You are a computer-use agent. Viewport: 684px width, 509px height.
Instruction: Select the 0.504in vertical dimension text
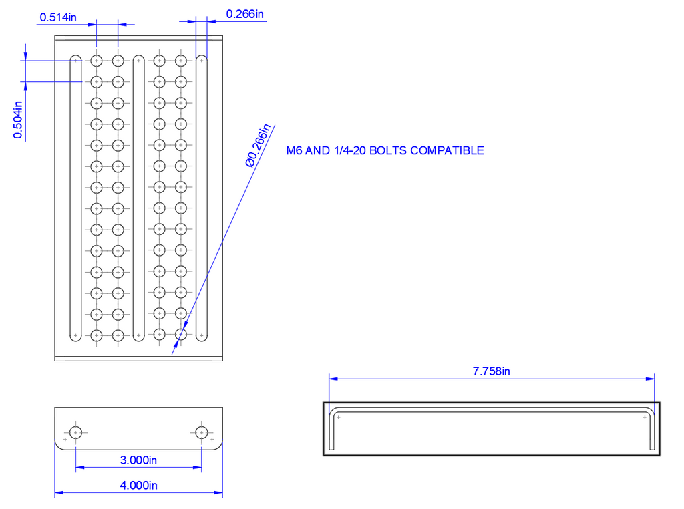[18, 120]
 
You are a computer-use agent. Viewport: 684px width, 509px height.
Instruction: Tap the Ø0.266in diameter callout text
[257, 146]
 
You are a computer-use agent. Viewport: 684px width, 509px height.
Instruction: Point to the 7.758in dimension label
[491, 371]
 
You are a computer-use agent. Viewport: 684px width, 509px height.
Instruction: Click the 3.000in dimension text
[138, 460]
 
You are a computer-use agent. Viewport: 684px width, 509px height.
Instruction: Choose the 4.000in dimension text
[138, 486]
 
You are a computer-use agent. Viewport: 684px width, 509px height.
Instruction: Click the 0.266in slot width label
[244, 13]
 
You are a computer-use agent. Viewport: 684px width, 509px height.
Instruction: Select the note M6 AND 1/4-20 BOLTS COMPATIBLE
[385, 151]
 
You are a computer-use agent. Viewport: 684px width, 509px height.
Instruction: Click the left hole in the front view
[75, 432]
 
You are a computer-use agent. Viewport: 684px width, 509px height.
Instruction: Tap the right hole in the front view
[201, 432]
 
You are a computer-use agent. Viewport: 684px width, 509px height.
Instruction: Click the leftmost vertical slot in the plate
[75, 198]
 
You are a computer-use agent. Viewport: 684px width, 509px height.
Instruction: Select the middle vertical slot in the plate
[138, 198]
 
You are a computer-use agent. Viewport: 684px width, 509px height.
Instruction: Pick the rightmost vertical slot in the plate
[201, 198]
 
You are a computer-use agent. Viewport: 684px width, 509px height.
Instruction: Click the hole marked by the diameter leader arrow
[180, 334]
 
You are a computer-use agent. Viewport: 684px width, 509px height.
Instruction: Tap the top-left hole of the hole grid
[96, 61]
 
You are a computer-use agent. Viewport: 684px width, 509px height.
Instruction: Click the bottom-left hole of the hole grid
[96, 334]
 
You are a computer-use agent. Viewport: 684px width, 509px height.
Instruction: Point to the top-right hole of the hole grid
[180, 61]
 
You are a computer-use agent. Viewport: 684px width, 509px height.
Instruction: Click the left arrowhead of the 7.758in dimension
[333, 378]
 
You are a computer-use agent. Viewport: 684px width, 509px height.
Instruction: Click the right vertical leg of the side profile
[650, 431]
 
